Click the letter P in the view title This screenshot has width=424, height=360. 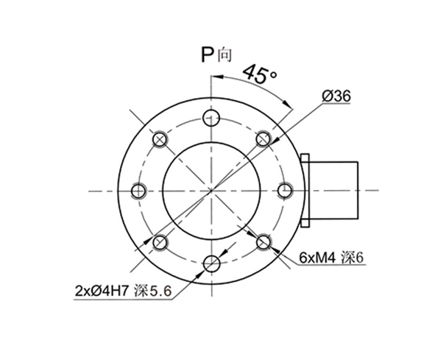[x=208, y=53]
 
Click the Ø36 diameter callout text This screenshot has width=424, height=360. [x=339, y=95]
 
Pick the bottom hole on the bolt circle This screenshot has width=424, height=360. [x=212, y=263]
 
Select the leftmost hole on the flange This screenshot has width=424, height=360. [x=138, y=190]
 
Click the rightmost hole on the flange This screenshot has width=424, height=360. [x=285, y=190]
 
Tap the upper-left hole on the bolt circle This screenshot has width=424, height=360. [x=160, y=138]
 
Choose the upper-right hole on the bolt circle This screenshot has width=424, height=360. [x=264, y=138]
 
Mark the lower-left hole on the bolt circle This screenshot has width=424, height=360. [x=160, y=241]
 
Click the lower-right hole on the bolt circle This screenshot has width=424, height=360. [x=264, y=241]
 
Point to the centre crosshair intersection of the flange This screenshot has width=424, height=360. [x=212, y=190]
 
